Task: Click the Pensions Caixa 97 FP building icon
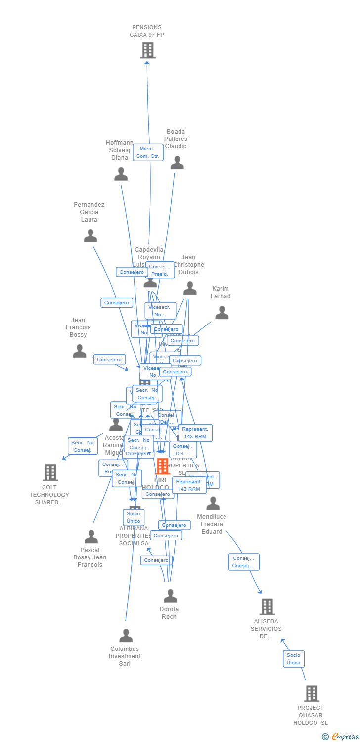click(147, 50)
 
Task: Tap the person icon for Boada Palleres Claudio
click(177, 163)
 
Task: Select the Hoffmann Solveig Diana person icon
click(121, 174)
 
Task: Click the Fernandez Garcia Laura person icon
click(90, 236)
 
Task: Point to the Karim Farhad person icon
click(222, 313)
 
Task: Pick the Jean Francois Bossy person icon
click(79, 351)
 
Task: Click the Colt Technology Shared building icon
click(50, 472)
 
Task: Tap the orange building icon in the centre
click(162, 466)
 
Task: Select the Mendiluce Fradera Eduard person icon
click(213, 503)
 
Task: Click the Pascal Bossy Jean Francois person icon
click(91, 537)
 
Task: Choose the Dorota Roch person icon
click(170, 596)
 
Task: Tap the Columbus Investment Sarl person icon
click(126, 636)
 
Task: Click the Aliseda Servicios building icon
click(267, 606)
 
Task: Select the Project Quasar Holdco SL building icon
click(312, 694)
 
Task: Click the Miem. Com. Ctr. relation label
click(148, 152)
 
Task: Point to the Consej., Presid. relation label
click(160, 270)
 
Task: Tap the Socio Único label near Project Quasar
click(293, 659)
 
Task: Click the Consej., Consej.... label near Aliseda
click(244, 562)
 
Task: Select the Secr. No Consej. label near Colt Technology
click(83, 446)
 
